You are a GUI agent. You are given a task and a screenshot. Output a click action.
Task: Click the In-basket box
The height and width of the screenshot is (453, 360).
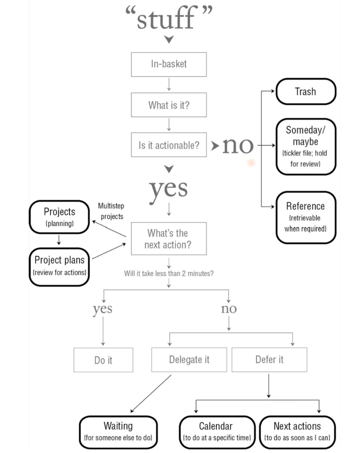click(169, 64)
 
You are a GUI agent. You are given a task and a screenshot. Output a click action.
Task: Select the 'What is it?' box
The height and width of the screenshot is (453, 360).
click(169, 105)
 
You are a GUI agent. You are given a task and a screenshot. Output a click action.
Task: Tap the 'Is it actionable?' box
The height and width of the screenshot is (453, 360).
click(169, 145)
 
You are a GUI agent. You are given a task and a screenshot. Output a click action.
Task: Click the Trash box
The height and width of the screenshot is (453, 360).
click(306, 91)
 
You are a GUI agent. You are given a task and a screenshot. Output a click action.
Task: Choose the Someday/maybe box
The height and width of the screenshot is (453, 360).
click(306, 147)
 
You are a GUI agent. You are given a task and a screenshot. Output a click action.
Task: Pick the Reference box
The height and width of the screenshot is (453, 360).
click(306, 217)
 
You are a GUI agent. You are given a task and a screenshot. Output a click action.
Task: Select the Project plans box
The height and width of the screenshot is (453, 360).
click(59, 266)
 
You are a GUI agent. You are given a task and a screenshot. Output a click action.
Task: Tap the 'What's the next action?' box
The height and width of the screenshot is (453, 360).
click(169, 238)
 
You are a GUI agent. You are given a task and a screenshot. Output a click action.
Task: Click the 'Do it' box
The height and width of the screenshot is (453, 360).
click(103, 360)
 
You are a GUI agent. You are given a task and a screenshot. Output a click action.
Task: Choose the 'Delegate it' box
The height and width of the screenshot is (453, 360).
click(189, 359)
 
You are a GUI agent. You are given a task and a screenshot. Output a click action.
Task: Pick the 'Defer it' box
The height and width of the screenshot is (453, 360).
click(269, 359)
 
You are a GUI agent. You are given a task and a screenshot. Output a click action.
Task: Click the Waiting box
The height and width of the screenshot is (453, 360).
click(118, 432)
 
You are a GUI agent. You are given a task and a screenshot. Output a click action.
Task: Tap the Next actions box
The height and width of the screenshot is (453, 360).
click(297, 432)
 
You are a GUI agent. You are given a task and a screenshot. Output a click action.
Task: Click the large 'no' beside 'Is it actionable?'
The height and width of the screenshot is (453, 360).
click(238, 146)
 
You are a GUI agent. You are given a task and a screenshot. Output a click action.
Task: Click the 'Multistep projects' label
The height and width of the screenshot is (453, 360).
click(112, 211)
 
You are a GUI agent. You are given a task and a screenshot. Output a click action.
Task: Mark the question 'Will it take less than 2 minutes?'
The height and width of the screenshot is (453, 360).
click(169, 273)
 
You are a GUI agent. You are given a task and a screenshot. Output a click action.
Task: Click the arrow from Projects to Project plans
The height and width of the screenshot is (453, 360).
click(59, 240)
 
